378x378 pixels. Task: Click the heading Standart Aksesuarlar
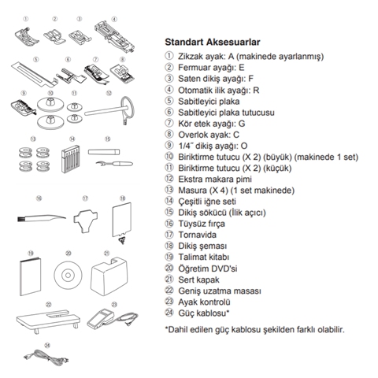point(213,42)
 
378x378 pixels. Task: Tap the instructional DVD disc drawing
point(68,275)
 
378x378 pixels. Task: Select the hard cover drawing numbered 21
point(109,276)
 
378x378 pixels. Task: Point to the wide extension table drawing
point(48,321)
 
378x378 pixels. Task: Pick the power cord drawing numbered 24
point(46,358)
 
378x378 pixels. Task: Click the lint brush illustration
point(42,217)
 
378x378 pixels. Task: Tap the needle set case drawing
point(70,159)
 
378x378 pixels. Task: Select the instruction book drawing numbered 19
point(30,276)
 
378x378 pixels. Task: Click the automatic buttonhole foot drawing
point(115,36)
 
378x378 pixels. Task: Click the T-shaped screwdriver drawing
point(85,218)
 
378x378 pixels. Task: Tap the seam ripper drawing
point(114,164)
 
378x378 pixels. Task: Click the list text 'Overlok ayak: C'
point(209,135)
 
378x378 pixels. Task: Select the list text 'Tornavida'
point(197,235)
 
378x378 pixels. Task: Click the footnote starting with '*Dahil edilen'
point(254,329)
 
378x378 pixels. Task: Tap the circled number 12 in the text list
point(169,179)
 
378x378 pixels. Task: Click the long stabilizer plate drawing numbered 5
point(35,73)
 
